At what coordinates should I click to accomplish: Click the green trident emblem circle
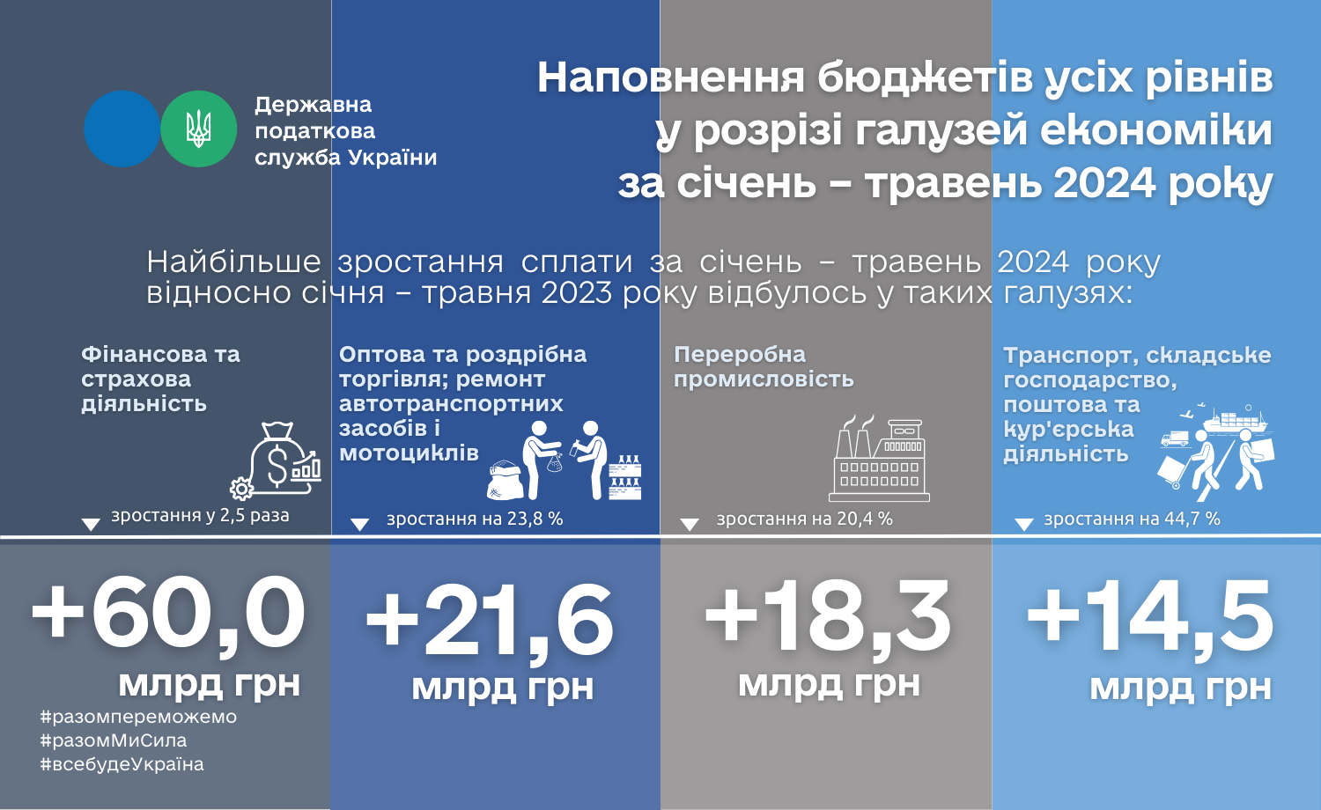[x=199, y=129]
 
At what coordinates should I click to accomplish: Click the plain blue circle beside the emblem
[x=122, y=129]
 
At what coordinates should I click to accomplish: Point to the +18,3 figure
[x=827, y=616]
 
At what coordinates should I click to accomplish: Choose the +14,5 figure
[x=1150, y=616]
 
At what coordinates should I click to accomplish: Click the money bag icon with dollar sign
[x=282, y=457]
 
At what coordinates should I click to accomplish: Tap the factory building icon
[x=879, y=459]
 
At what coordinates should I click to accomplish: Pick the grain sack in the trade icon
[x=505, y=480]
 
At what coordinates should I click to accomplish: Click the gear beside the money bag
[x=241, y=489]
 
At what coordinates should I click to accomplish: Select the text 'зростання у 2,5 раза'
[x=201, y=515]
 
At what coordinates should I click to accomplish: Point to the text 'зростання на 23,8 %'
[x=475, y=519]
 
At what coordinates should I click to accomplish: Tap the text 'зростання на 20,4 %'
[x=804, y=519]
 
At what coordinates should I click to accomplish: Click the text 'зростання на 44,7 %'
[x=1132, y=519]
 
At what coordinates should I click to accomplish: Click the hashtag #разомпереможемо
[x=138, y=717]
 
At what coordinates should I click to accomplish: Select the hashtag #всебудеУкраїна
[x=122, y=764]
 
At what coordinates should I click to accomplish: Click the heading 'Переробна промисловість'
[x=764, y=366]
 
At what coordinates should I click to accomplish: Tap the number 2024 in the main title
[x=1104, y=183]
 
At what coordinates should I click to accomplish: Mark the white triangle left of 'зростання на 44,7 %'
[x=1023, y=524]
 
